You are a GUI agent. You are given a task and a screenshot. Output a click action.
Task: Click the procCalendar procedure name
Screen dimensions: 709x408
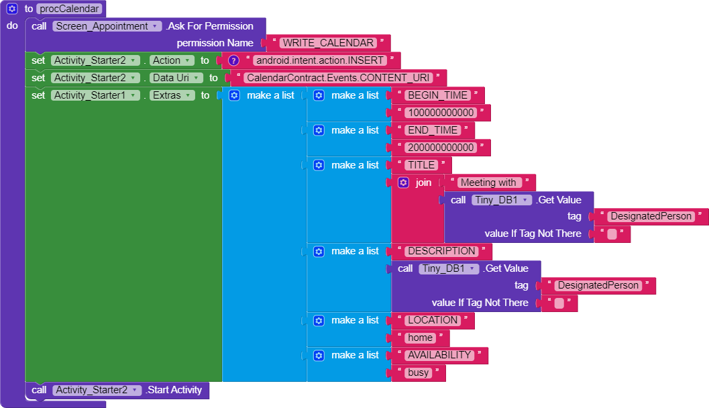(68, 9)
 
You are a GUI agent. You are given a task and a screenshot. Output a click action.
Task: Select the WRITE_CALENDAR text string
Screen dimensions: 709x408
(328, 43)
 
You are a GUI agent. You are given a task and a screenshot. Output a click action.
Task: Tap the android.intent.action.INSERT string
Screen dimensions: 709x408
(320, 60)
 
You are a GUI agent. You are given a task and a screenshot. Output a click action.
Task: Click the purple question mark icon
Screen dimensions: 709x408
(233, 60)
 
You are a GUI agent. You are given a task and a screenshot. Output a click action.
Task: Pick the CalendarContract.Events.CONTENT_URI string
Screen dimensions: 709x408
(338, 78)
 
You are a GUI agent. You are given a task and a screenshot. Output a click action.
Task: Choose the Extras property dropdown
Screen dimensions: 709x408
(172, 95)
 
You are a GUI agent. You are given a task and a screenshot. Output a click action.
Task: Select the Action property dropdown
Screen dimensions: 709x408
(172, 60)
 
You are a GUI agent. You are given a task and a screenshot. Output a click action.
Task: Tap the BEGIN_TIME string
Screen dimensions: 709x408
(438, 95)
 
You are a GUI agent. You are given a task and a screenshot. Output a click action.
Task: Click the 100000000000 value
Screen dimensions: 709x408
(441, 113)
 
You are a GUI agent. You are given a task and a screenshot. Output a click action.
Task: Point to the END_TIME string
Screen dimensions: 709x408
(433, 130)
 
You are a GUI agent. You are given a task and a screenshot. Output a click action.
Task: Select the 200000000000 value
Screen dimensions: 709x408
(441, 148)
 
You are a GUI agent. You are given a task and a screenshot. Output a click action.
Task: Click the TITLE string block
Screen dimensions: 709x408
(421, 165)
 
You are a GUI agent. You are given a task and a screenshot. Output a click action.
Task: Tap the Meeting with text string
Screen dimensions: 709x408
(489, 183)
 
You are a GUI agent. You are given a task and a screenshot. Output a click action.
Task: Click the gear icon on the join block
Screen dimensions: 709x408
(403, 183)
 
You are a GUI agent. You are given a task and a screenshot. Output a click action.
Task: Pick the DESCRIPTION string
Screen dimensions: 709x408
(442, 251)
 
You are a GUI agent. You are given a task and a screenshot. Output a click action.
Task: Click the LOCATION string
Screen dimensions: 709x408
(433, 320)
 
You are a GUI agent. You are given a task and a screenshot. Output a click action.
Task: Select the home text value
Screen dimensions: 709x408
(420, 338)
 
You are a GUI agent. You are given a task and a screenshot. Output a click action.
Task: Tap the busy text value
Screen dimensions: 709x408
(419, 372)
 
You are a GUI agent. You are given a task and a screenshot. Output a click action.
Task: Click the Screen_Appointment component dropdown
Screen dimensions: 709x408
(107, 26)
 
